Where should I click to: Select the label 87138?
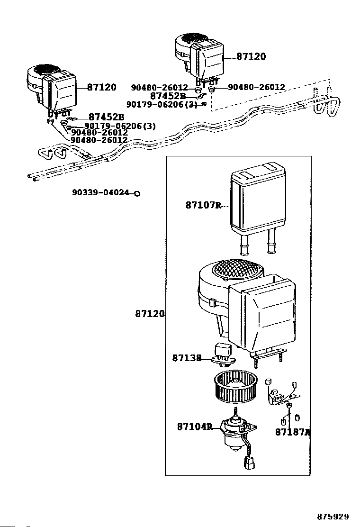point(187,358)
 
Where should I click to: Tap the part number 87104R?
point(195,427)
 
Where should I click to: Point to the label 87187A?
point(293,432)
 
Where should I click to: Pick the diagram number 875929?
point(333,516)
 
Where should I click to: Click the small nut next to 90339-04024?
point(137,193)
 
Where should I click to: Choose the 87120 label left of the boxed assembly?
point(150,314)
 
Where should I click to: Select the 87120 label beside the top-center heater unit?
point(251,56)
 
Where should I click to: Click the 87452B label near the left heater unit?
point(106,117)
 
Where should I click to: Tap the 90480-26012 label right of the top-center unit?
point(256,87)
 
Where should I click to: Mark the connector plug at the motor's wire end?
point(249,463)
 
